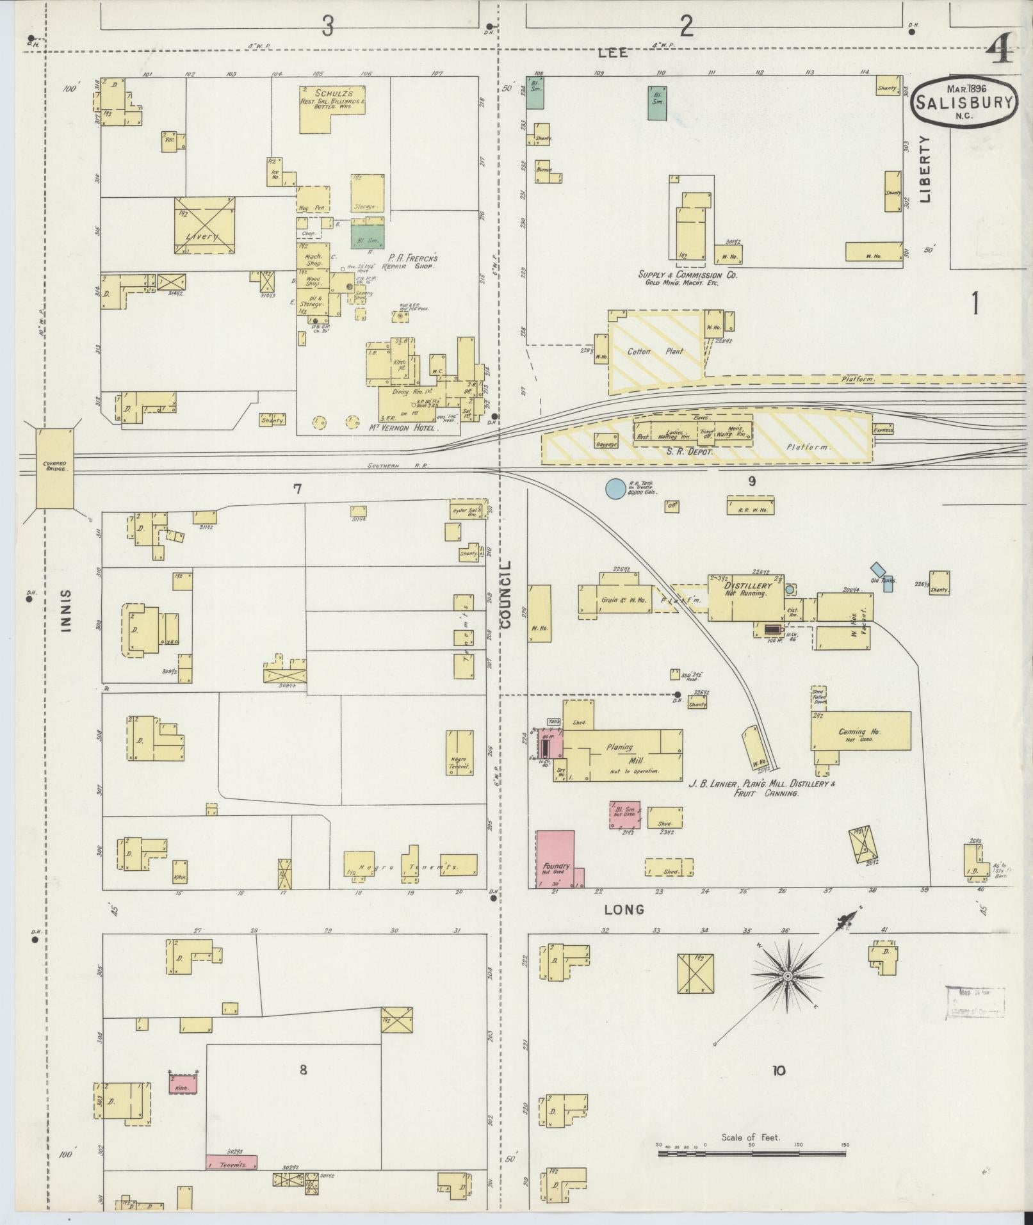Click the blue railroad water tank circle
(615, 489)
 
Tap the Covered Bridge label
(55, 466)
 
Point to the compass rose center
(788, 993)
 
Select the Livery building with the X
(205, 225)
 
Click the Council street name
(506, 595)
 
